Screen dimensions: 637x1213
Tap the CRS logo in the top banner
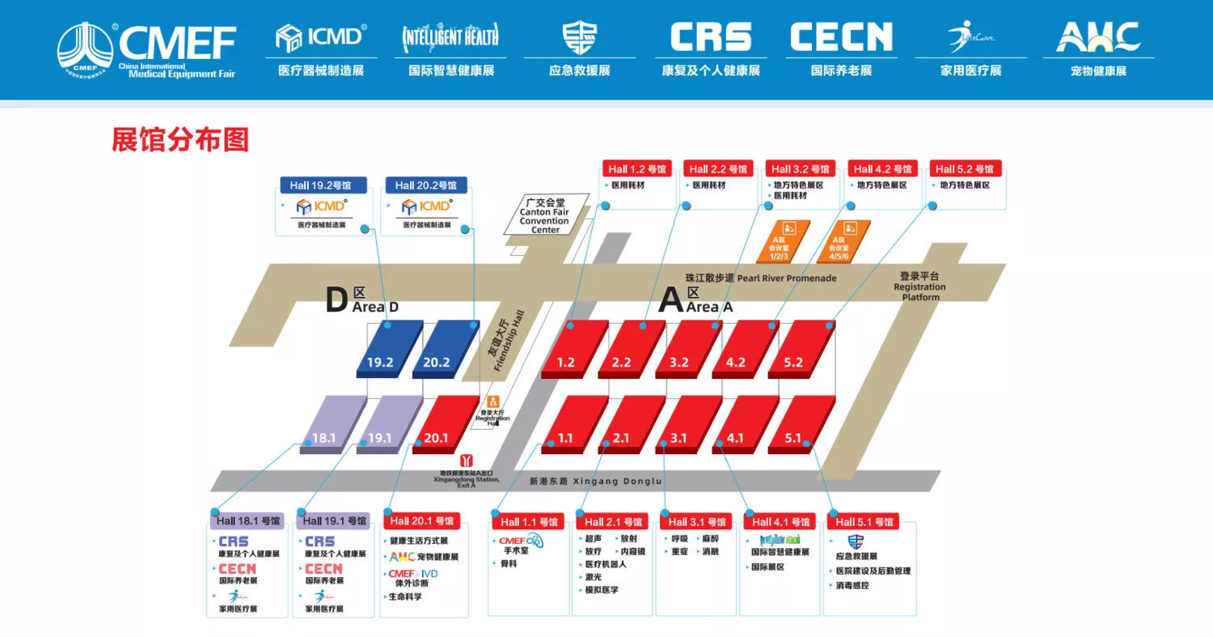[711, 37]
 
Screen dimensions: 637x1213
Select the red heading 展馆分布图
[180, 140]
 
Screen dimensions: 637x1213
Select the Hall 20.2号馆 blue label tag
[426, 185]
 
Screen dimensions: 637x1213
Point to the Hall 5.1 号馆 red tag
[867, 522]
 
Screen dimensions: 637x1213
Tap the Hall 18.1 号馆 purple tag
[248, 521]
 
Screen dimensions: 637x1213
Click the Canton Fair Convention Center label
[545, 216]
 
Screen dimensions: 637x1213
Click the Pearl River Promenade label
[761, 278]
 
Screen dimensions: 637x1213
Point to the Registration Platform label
[920, 287]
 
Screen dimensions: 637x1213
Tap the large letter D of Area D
[336, 301]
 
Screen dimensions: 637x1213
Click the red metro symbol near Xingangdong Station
[466, 461]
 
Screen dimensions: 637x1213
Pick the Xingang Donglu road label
[595, 482]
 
